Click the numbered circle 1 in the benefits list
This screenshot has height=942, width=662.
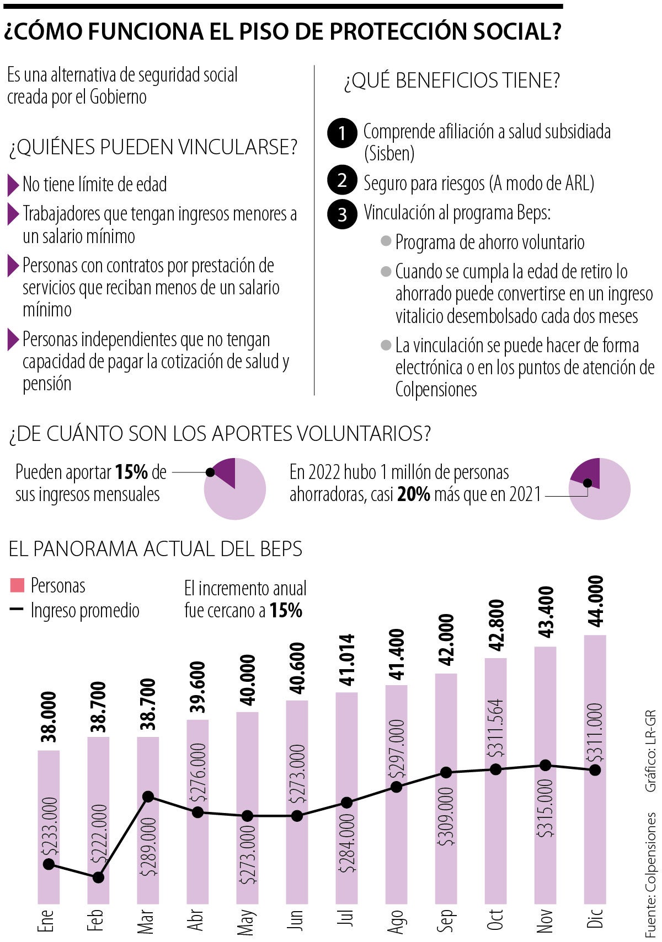click(x=342, y=133)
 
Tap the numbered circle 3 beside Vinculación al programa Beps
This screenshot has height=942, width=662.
click(x=342, y=214)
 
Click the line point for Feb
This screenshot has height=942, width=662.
click(x=98, y=877)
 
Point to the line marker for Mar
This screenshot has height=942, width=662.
click(x=148, y=796)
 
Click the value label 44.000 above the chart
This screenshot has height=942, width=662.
click(x=595, y=601)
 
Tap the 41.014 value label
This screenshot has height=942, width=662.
click(x=347, y=660)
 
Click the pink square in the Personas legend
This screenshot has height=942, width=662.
click(x=18, y=585)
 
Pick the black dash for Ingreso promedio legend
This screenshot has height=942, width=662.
click(x=18, y=610)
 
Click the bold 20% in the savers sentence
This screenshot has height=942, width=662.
click(x=413, y=494)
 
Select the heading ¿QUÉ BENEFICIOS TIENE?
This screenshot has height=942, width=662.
click(x=452, y=81)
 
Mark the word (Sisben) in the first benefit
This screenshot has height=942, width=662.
click(x=389, y=154)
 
